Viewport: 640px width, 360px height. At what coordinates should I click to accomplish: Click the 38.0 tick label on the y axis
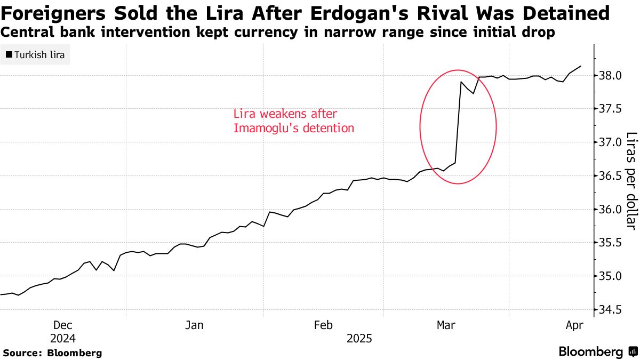tap(611, 75)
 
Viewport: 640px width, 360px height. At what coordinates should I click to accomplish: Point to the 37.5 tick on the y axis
tap(611, 109)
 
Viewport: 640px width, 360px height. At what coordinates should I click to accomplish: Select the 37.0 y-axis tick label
tap(611, 142)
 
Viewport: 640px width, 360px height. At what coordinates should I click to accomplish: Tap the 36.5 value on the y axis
tap(611, 176)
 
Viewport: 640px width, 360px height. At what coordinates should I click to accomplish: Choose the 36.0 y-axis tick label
tap(611, 210)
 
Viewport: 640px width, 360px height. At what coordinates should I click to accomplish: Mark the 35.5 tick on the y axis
tap(611, 243)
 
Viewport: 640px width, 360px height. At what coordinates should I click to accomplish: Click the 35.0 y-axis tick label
tap(611, 276)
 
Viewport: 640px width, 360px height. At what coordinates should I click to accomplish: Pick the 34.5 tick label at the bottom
tap(611, 310)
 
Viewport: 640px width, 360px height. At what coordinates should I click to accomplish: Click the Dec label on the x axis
tap(63, 325)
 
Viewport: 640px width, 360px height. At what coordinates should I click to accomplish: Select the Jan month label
tap(195, 325)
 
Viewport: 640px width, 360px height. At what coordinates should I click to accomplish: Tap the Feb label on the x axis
tap(324, 325)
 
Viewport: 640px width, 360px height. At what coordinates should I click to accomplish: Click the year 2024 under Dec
tap(63, 339)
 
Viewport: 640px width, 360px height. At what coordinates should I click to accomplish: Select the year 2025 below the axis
tap(359, 339)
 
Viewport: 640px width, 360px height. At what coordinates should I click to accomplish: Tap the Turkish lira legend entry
tap(35, 54)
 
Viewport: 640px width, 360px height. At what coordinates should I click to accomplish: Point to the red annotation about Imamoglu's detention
tap(293, 121)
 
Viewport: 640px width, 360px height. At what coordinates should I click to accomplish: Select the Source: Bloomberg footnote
tap(52, 353)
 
